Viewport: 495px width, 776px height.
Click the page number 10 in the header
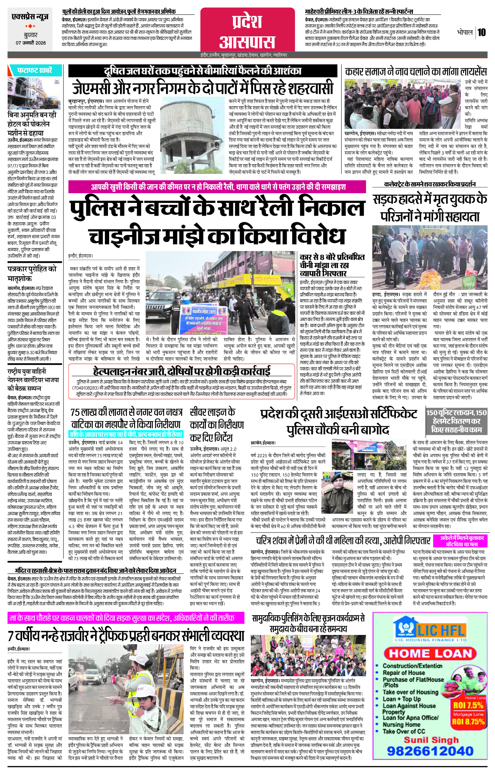(x=481, y=32)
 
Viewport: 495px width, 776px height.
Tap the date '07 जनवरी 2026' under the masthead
(x=31, y=43)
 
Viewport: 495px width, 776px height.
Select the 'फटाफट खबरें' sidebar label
(x=34, y=71)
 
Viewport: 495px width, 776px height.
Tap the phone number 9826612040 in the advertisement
(x=430, y=751)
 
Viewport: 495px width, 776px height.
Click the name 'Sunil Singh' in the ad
(x=431, y=740)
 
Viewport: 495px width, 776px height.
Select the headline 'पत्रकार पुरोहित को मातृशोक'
(x=32, y=273)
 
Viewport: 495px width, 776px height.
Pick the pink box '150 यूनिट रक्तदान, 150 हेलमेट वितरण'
(x=456, y=421)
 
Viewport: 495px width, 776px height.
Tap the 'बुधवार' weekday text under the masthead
(x=31, y=35)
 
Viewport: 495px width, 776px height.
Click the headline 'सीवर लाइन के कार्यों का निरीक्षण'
(x=217, y=425)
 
